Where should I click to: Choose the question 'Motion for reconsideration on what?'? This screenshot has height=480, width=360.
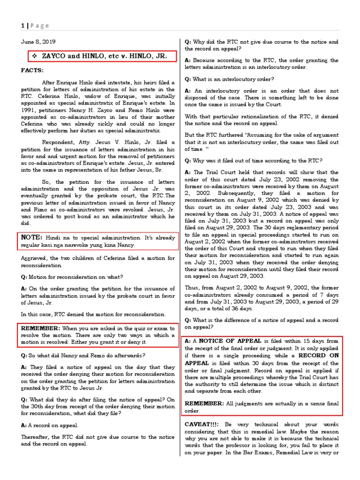72,277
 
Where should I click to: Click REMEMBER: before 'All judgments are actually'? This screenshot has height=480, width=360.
204,403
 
